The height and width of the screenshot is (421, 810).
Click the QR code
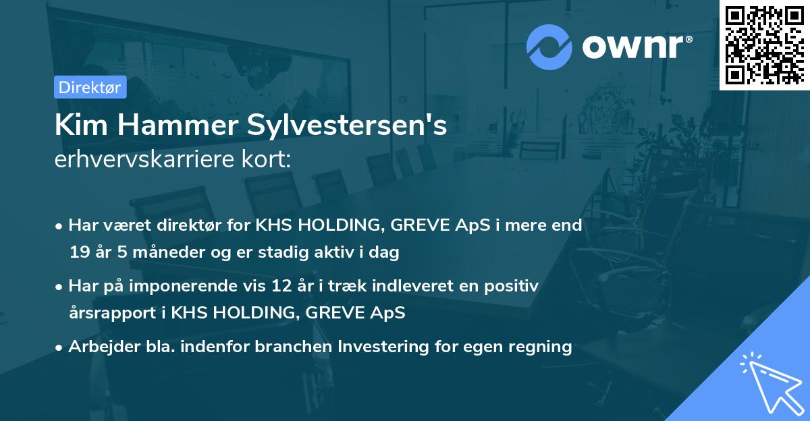click(765, 44)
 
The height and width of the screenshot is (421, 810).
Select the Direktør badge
click(90, 87)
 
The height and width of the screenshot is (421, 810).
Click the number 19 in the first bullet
click(79, 253)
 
